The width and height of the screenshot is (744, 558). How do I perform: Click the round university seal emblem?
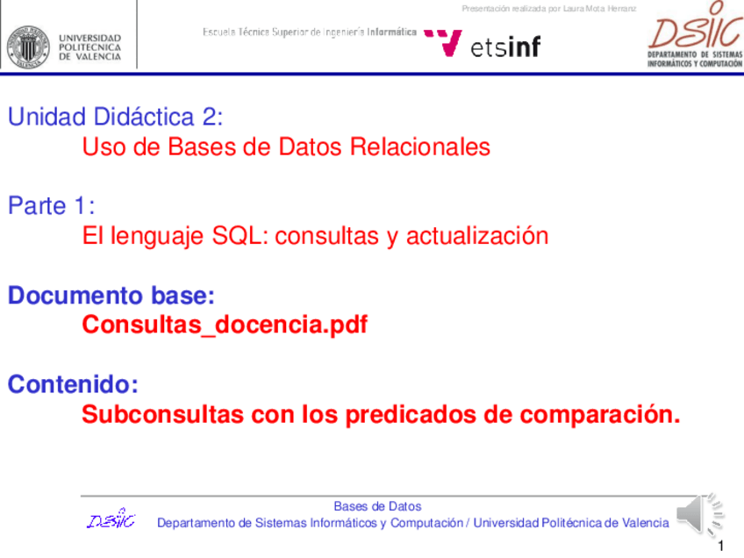(x=28, y=47)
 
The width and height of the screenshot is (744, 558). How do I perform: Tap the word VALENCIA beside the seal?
(x=98, y=56)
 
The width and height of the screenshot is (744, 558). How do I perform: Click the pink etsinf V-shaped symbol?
(x=443, y=43)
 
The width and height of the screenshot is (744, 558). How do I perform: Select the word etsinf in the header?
(x=505, y=47)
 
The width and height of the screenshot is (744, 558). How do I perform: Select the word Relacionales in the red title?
(x=420, y=147)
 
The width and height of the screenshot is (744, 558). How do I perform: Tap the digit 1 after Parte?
(x=81, y=206)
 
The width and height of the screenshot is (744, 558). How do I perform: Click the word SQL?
(x=237, y=236)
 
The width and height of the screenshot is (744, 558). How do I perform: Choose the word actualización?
(x=477, y=236)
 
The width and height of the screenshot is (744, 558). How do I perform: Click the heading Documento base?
(x=111, y=295)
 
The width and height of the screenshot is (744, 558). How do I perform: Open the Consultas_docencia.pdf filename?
(x=225, y=325)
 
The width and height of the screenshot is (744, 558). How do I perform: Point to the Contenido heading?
(x=73, y=384)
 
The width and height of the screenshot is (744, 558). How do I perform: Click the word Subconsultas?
(x=163, y=414)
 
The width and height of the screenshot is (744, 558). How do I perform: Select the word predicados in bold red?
(x=411, y=415)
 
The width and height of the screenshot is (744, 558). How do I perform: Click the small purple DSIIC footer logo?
(x=111, y=519)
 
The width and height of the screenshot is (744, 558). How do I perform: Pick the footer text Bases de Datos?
(x=377, y=506)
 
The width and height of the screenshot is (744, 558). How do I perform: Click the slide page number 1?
(x=721, y=546)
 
